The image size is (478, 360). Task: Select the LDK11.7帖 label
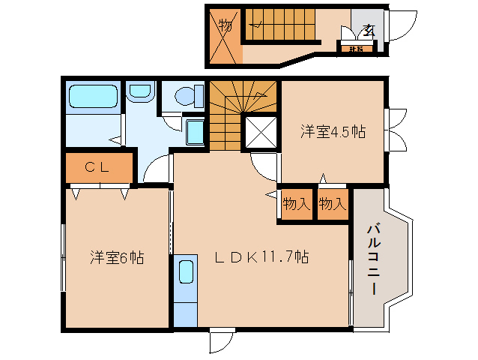261,257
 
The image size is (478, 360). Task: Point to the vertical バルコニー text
372,259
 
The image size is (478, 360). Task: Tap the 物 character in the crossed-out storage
225,25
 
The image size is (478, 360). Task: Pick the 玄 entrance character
368,30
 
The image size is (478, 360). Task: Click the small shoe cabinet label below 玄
356,49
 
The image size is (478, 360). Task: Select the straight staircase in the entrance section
281,22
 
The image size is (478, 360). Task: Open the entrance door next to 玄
402,28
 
